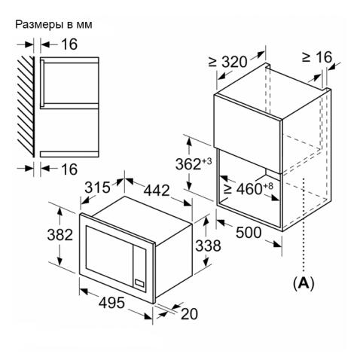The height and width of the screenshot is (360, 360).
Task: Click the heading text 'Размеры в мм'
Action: [53, 25]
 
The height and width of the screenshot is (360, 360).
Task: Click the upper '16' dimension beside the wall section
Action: [69, 44]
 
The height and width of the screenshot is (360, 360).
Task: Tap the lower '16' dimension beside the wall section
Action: [69, 169]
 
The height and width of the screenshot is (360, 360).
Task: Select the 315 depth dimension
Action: [97, 188]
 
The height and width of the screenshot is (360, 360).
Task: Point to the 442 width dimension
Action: [157, 190]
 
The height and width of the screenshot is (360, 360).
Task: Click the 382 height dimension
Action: [60, 235]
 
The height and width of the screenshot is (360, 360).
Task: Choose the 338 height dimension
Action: [208, 246]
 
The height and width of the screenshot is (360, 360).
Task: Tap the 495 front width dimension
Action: [111, 303]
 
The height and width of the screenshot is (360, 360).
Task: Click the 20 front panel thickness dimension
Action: [189, 314]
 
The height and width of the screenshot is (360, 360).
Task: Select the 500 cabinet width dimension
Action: [249, 233]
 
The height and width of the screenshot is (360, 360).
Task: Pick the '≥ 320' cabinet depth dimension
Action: [227, 62]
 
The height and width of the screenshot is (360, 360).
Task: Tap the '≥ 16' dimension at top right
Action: [317, 57]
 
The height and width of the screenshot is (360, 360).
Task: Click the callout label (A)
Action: [304, 283]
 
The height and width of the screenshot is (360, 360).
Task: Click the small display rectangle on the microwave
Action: [139, 283]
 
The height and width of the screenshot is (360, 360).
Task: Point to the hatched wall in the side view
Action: [26, 107]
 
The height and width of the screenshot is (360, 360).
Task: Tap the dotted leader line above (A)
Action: [304, 225]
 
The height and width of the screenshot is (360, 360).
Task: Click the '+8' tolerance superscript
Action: [268, 186]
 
